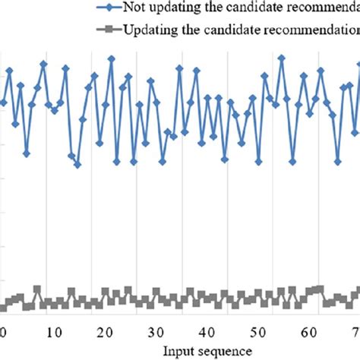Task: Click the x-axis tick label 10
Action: (x=52, y=331)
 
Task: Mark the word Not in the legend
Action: (x=134, y=9)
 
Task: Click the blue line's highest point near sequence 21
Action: (x=111, y=57)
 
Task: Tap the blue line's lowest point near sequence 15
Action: (x=77, y=165)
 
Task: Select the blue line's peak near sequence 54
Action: (x=281, y=56)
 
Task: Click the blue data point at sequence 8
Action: (x=43, y=64)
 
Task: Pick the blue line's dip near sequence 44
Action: (x=225, y=159)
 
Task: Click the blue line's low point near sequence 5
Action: (x=27, y=153)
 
